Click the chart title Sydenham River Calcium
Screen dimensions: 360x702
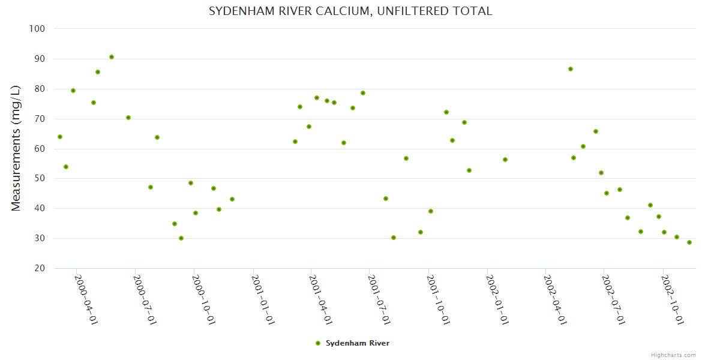(x=350, y=11)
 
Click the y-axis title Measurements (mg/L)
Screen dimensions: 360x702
(x=16, y=148)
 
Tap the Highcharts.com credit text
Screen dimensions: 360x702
(x=673, y=355)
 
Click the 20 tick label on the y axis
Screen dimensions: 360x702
(x=40, y=268)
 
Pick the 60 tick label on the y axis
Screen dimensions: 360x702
(x=40, y=149)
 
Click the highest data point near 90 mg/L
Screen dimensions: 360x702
(x=112, y=57)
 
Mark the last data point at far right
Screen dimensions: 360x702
(x=689, y=242)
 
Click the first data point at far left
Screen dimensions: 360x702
(x=60, y=137)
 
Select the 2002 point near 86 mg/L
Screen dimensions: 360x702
(x=571, y=69)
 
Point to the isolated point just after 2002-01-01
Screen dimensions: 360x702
(x=505, y=160)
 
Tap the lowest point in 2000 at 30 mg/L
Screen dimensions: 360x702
(x=181, y=238)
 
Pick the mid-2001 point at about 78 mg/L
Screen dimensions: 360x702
(x=363, y=93)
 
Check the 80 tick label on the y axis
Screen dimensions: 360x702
(x=40, y=89)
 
